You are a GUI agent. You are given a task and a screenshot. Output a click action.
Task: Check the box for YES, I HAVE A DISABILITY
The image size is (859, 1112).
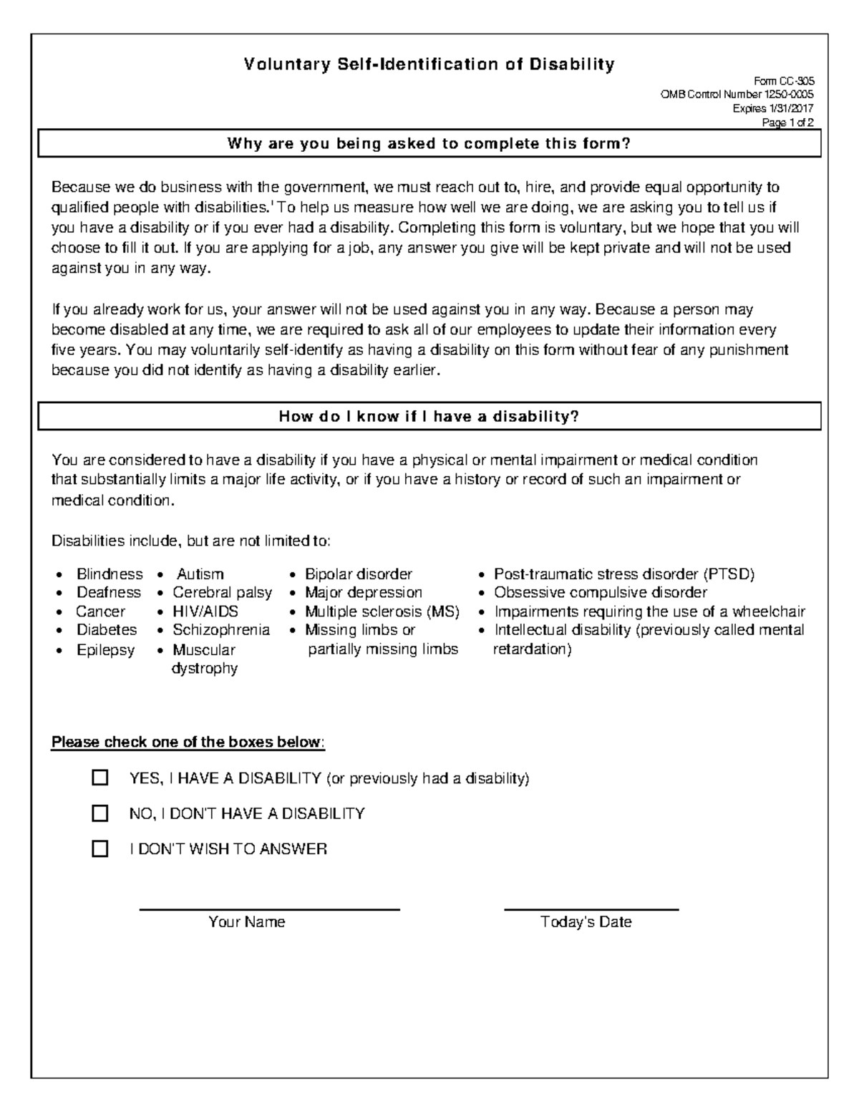[x=100, y=778]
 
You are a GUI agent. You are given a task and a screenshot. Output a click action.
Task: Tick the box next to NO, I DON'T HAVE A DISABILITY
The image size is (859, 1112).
[x=100, y=813]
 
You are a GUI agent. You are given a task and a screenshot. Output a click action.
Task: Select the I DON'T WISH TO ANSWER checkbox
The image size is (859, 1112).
[x=100, y=849]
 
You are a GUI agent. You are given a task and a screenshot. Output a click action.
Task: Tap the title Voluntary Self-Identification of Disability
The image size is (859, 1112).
[x=429, y=65]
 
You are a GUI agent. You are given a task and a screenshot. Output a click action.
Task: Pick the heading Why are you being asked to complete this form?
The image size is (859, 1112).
[x=429, y=144]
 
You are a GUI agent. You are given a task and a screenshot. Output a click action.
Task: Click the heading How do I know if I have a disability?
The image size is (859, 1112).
[x=429, y=417]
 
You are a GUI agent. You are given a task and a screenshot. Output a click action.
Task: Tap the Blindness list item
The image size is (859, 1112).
[x=110, y=574]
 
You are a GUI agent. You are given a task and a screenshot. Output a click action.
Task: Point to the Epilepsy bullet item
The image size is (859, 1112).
[x=105, y=650]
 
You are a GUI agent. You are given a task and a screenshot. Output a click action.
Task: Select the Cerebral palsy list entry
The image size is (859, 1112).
[x=222, y=593]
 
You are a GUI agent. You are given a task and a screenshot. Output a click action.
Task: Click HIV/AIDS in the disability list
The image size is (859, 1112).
[x=205, y=611]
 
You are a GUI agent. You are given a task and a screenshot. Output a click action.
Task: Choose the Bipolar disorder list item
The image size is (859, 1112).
[x=359, y=574]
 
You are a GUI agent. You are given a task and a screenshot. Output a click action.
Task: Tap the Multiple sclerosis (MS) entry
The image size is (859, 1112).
[x=382, y=611]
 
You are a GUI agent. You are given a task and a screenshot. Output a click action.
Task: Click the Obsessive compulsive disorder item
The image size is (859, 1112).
[x=601, y=593]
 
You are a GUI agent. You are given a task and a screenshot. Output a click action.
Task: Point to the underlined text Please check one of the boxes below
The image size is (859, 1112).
[x=188, y=742]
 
